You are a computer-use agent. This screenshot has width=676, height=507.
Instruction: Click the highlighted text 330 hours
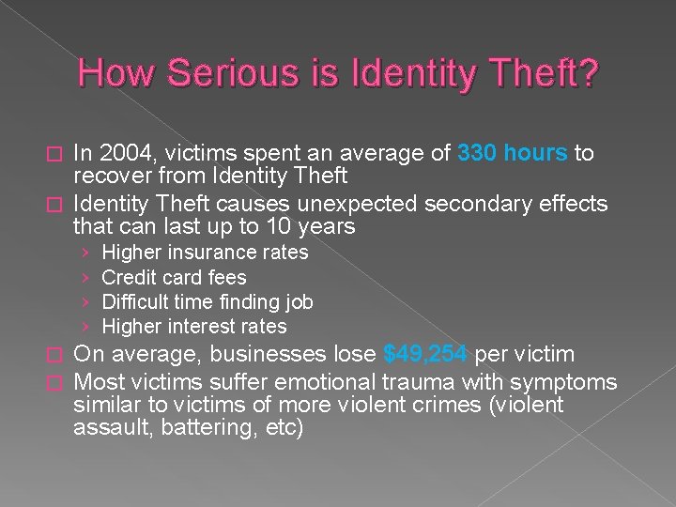tap(513, 153)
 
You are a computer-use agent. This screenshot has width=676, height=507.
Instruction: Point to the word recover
tap(112, 176)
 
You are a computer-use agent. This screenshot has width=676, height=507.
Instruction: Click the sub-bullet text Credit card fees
tap(174, 278)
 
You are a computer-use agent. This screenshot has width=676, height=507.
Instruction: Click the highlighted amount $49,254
tap(427, 355)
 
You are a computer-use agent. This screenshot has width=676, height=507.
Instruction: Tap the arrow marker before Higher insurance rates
tap(84, 253)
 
